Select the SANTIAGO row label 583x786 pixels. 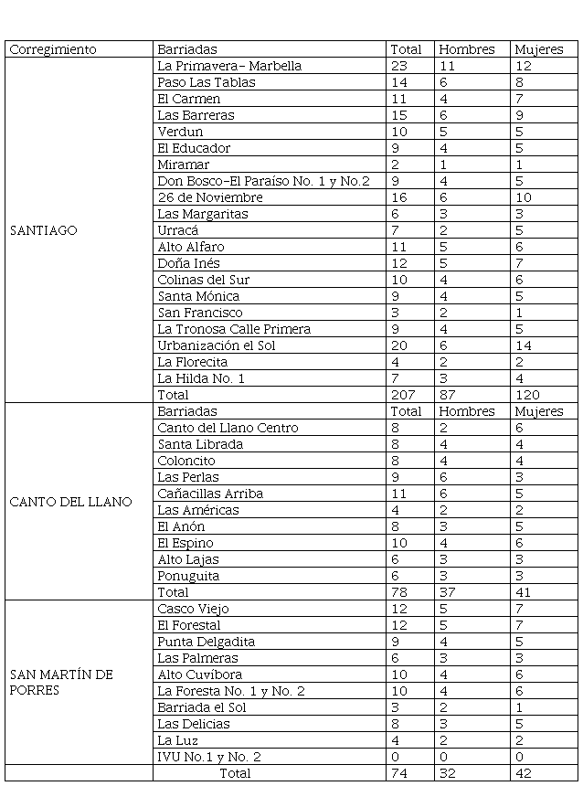tap(43, 230)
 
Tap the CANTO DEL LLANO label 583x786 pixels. tap(70, 502)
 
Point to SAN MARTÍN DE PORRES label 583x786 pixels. tap(61, 683)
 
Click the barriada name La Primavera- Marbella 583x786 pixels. tap(229, 66)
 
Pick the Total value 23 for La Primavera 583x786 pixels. tap(399, 66)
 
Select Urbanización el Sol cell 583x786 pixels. tap(217, 345)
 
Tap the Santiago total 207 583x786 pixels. tap(402, 395)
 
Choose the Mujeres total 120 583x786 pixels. tap(526, 395)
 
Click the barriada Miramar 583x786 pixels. tap(183, 165)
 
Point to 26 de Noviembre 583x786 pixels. tap(210, 197)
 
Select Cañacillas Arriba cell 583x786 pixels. tap(210, 494)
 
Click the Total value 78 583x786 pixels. tap(399, 592)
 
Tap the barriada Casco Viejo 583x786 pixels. tap(193, 609)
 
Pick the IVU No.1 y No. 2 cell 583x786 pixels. tap(209, 757)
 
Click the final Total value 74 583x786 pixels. tap(399, 773)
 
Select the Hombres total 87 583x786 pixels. tap(449, 395)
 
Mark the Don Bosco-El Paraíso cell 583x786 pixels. tap(263, 181)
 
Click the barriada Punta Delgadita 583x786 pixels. tap(206, 642)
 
